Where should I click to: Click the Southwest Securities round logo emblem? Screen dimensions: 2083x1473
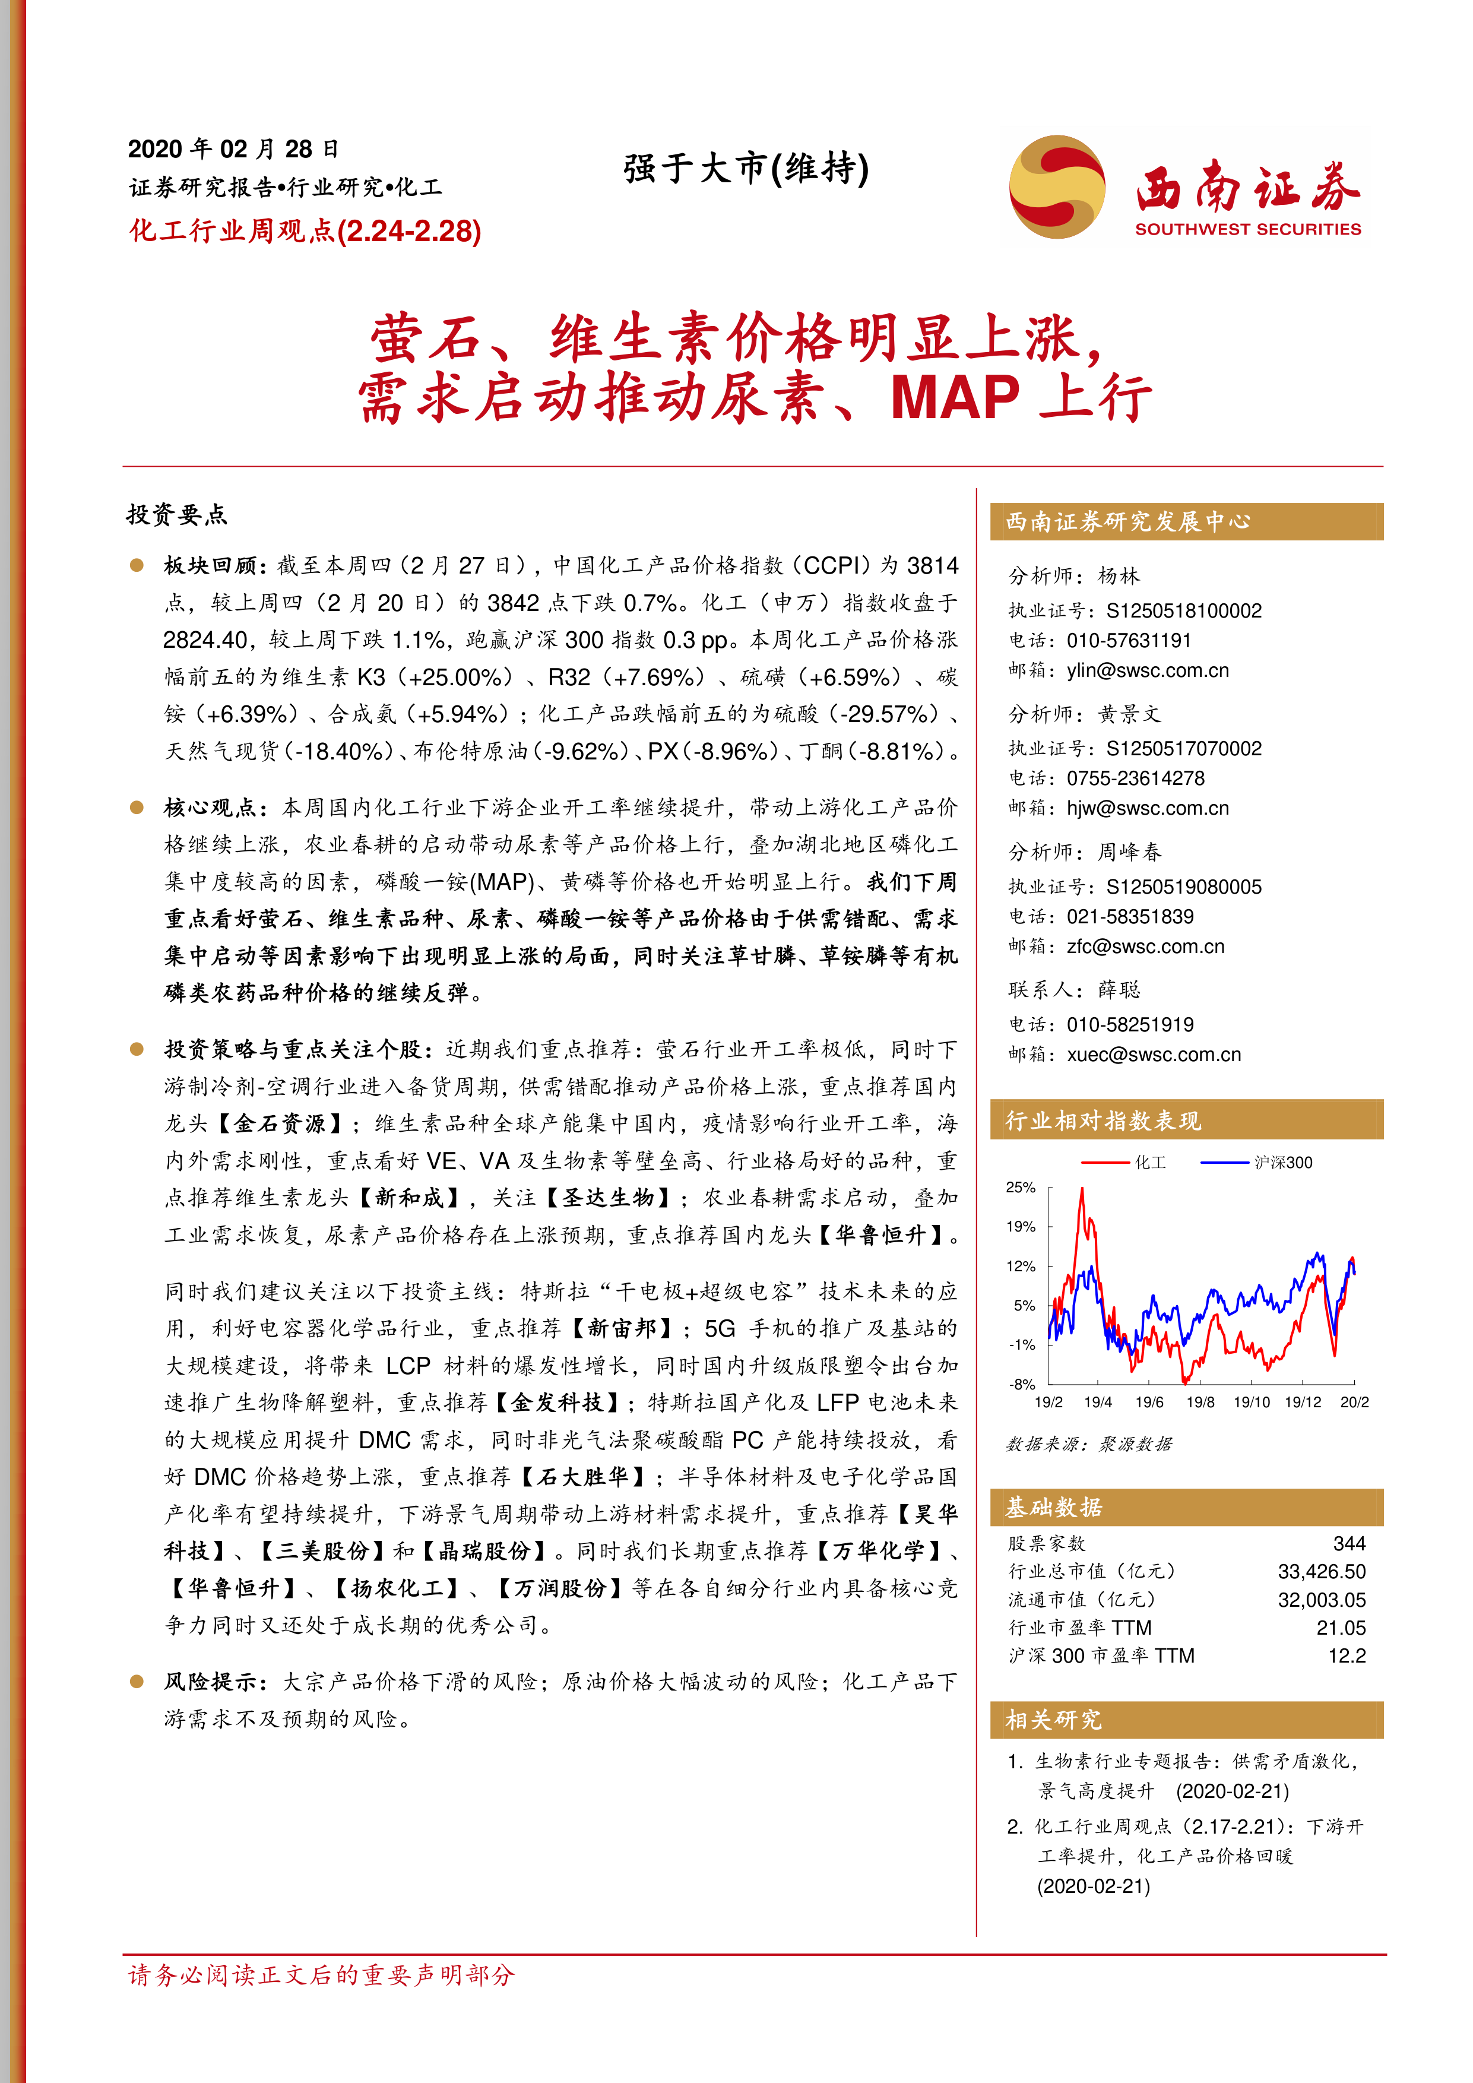(1057, 187)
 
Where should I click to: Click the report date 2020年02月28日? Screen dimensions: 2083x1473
(233, 149)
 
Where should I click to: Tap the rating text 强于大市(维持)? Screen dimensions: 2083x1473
(746, 169)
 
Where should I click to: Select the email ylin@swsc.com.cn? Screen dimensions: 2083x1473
(1148, 670)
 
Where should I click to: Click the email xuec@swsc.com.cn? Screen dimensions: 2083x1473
(1154, 1054)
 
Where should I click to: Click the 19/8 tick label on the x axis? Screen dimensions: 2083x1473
(1200, 1402)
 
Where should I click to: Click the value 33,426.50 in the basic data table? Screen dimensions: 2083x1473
(1320, 1572)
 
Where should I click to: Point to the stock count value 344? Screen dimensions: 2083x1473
(1349, 1543)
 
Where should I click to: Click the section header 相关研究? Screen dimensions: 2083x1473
(1053, 1719)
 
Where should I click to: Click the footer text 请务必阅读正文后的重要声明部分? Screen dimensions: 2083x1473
(321, 1975)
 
